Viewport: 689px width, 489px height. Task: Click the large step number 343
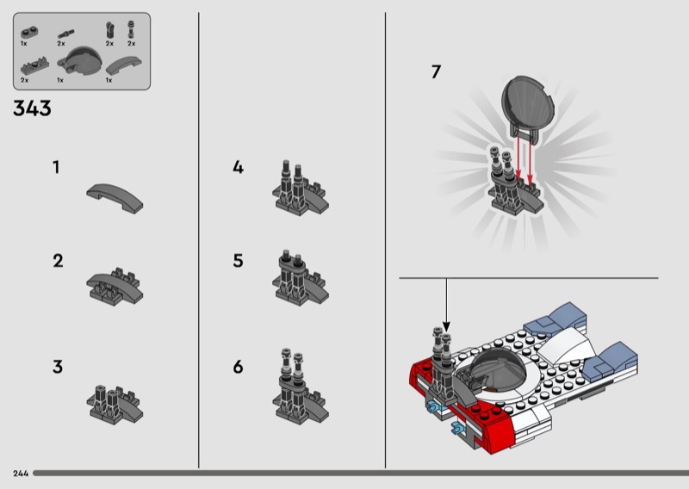click(32, 108)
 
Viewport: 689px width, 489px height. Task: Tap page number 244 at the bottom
click(21, 474)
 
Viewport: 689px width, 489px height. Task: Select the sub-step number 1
click(56, 167)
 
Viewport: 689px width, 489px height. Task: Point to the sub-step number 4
click(238, 167)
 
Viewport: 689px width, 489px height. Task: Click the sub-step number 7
click(436, 72)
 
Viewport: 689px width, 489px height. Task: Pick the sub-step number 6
click(238, 367)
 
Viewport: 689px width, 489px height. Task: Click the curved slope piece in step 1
click(115, 198)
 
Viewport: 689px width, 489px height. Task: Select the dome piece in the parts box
click(80, 60)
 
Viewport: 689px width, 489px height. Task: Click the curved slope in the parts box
click(124, 65)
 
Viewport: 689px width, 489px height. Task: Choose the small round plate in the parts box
click(29, 32)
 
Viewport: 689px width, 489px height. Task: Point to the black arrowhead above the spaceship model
click(446, 326)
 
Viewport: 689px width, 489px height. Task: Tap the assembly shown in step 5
click(301, 277)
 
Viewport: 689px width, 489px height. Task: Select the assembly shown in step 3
click(115, 405)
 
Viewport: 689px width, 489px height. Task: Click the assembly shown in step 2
click(115, 287)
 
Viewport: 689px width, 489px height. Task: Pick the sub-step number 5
click(238, 261)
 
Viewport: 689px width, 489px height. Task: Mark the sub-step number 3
click(58, 367)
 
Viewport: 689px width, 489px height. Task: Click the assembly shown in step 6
click(301, 387)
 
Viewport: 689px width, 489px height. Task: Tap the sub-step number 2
click(58, 261)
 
